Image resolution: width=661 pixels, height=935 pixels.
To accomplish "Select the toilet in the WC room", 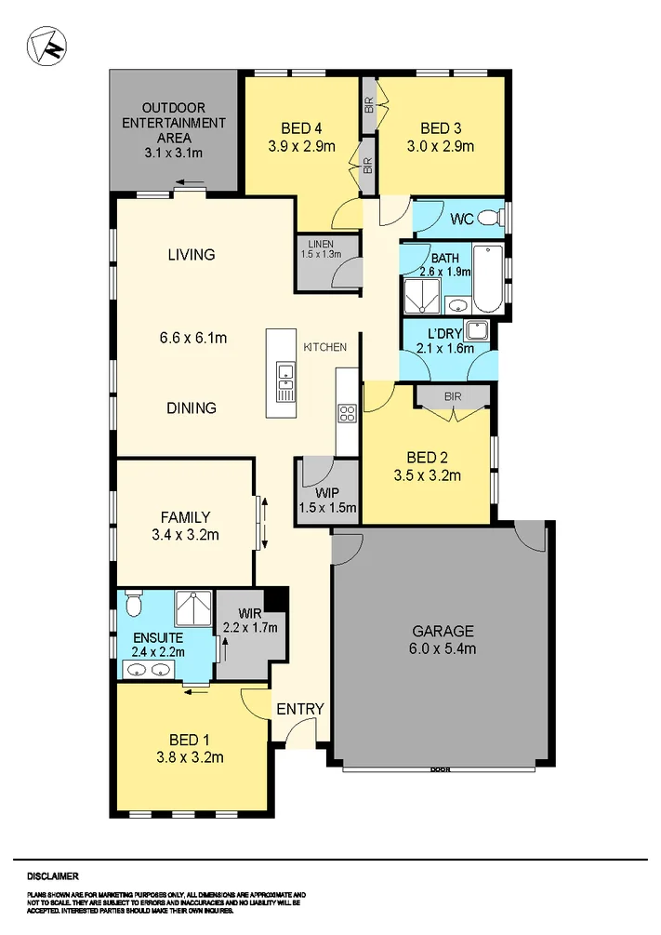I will [501, 219].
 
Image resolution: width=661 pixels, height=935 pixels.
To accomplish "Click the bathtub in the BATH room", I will [488, 280].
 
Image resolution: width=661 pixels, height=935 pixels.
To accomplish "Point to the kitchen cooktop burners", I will [348, 413].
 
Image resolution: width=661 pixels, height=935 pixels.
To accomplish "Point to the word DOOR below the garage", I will [439, 770].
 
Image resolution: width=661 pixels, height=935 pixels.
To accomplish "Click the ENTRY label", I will [300, 709].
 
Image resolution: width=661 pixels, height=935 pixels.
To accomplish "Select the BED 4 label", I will [300, 128].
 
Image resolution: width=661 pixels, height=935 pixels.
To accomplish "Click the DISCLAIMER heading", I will [52, 875].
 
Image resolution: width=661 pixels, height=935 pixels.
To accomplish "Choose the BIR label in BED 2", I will [453, 396].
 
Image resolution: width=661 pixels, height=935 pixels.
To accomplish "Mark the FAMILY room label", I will [184, 517].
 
